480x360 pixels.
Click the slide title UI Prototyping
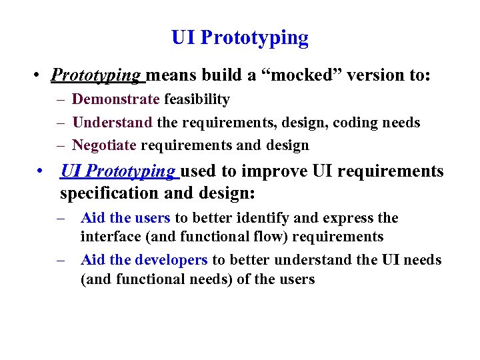(x=240, y=38)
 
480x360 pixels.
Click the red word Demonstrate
(x=116, y=99)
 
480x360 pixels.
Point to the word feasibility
(x=197, y=99)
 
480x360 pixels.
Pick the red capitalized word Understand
(x=113, y=122)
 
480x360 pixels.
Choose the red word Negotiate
(x=105, y=145)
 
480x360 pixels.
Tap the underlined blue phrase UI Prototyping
(x=117, y=171)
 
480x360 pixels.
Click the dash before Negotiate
(x=60, y=145)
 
